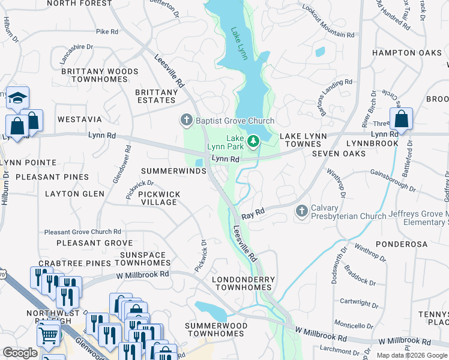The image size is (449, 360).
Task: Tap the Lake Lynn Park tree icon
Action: click(x=253, y=140)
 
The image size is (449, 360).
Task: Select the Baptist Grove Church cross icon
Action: click(x=186, y=121)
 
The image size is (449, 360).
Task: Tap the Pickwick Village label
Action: click(x=158, y=198)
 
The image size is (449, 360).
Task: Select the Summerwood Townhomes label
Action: click(x=215, y=329)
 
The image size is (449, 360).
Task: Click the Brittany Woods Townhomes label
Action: click(x=99, y=76)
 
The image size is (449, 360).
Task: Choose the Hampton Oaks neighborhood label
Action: click(x=406, y=53)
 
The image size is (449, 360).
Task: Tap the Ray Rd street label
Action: click(x=253, y=214)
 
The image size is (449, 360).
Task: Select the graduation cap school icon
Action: click(x=17, y=97)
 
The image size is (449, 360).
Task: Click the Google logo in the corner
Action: click(x=20, y=353)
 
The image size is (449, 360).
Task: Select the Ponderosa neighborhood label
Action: click(x=402, y=244)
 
